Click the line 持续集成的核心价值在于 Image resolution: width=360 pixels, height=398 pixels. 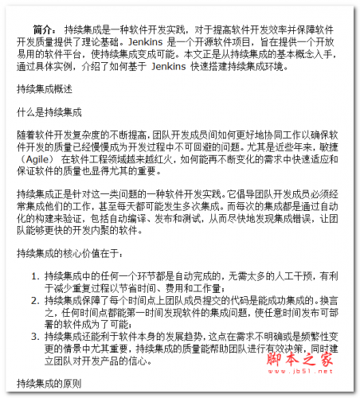(69, 253)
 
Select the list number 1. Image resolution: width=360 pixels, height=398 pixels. (35, 276)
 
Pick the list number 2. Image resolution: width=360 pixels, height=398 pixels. (35, 302)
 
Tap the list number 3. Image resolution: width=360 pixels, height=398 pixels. (35, 338)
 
